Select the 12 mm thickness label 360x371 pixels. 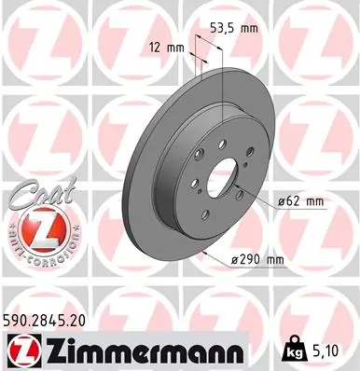pos(167,46)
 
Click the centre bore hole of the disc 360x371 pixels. pos(220,176)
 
